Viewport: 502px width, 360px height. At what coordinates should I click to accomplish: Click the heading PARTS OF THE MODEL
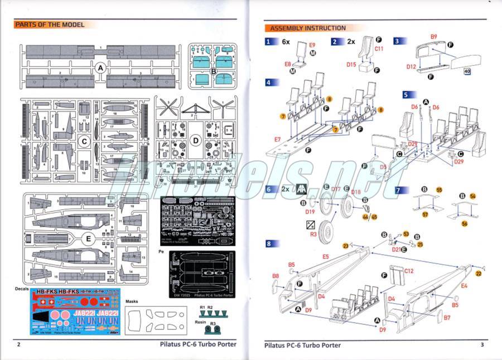(x=50, y=25)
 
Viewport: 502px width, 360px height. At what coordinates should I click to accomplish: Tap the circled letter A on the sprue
(x=100, y=67)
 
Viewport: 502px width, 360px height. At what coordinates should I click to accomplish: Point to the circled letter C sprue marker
(x=83, y=141)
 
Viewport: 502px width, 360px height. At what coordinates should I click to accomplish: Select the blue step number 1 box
(x=270, y=42)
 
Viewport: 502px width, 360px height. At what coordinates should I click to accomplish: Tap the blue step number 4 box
(x=270, y=82)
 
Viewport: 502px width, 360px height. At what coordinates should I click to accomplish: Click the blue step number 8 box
(x=270, y=243)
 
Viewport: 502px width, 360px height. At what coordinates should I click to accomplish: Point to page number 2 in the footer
(x=18, y=344)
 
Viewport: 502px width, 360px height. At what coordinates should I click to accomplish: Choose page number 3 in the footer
(x=482, y=344)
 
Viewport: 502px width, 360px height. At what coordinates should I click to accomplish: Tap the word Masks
(x=132, y=301)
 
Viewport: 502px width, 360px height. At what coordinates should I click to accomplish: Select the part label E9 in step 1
(x=312, y=44)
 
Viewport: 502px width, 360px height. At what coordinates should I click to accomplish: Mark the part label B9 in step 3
(x=433, y=37)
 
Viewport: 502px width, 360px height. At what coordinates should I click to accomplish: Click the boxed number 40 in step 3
(x=467, y=71)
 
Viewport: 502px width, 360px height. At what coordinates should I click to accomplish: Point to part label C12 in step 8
(x=409, y=270)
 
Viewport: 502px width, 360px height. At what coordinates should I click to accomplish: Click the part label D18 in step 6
(x=356, y=192)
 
